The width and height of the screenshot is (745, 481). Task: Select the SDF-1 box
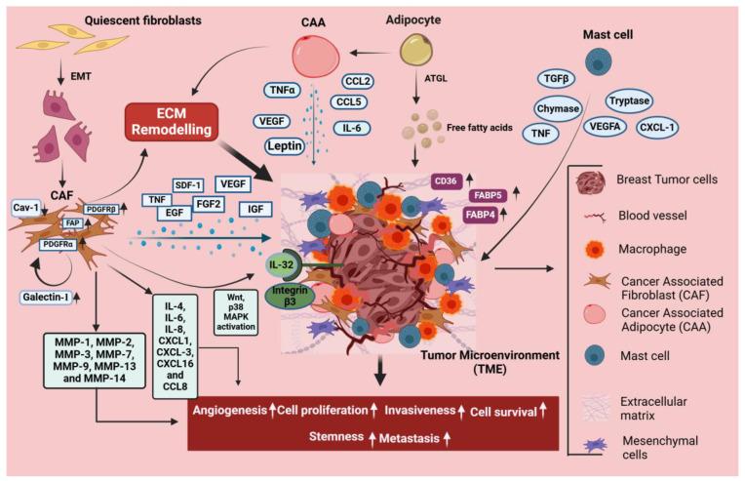187,182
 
